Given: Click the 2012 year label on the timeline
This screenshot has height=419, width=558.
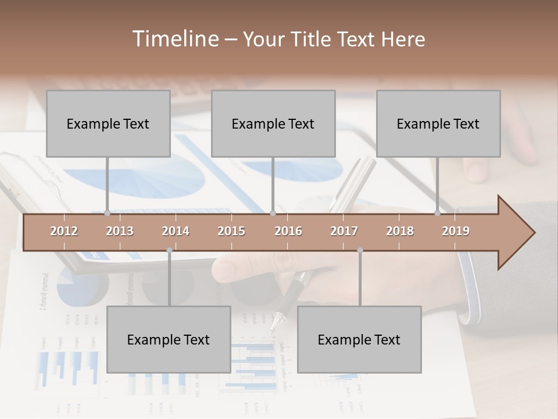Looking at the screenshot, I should click(64, 231).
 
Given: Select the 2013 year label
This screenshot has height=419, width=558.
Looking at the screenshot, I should click(120, 231).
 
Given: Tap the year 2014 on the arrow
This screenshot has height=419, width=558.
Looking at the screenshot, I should click(176, 231).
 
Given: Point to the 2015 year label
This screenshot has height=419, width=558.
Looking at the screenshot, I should click(231, 231).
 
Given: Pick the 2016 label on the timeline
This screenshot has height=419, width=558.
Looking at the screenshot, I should click(288, 231).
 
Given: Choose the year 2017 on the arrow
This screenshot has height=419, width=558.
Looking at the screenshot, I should click(344, 231).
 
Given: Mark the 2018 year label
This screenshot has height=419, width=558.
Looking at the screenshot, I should click(400, 231).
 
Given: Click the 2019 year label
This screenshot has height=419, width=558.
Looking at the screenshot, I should click(456, 231).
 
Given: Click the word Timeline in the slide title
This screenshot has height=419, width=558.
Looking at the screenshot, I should click(174, 39).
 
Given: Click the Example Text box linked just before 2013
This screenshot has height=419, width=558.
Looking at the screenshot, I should click(108, 123).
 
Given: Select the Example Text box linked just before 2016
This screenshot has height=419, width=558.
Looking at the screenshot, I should click(273, 123).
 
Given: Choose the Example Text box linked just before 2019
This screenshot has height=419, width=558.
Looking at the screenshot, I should click(438, 123).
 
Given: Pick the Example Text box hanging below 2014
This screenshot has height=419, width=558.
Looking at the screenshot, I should click(169, 339).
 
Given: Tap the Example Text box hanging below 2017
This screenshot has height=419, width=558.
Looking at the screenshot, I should click(359, 339).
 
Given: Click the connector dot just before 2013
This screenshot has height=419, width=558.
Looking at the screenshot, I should click(107, 214).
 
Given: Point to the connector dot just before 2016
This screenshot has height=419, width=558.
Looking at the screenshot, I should click(273, 214).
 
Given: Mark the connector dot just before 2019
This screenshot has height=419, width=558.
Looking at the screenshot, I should click(437, 214).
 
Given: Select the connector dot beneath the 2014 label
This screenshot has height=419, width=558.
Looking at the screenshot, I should click(169, 250).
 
